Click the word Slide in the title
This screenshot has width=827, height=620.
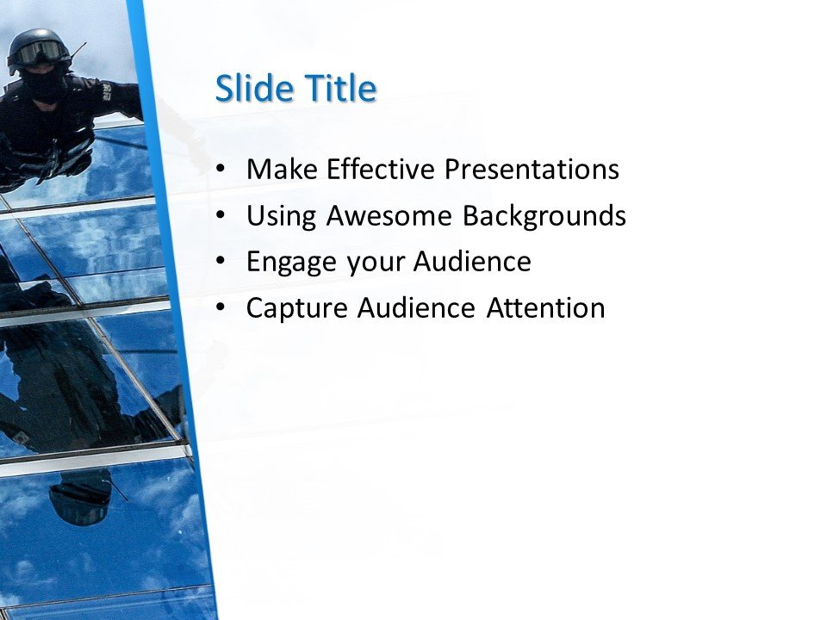(x=249, y=89)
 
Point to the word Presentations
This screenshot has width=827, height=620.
(x=532, y=170)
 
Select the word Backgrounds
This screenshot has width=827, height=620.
(x=544, y=216)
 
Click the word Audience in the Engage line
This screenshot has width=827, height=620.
(x=473, y=262)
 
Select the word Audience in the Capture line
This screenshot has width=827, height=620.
(x=419, y=308)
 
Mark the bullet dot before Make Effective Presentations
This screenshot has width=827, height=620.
(x=222, y=170)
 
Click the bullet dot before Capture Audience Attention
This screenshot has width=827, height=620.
(x=222, y=308)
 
